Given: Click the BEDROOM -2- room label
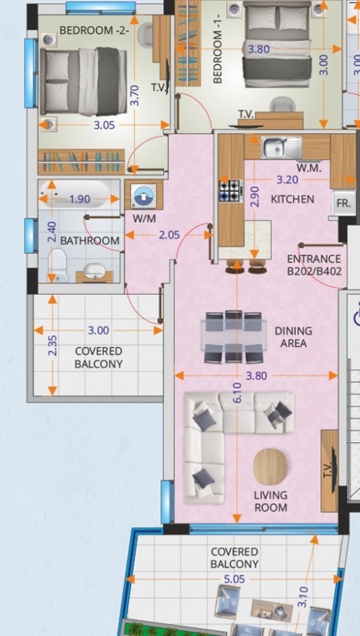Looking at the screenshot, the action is point(94,30).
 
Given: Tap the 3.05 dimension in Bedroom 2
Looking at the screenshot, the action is point(104,125).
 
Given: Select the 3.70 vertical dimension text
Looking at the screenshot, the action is point(135,95).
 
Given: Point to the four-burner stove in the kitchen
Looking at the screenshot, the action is point(230,191).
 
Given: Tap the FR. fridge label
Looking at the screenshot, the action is point(343,203).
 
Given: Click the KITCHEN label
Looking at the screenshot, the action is point(292,199).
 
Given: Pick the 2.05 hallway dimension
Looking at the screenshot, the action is point(169,235).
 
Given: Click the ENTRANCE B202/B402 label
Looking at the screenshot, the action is point(314,265).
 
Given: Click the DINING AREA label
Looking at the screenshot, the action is point(293,337).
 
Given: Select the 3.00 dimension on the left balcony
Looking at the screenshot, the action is point(98,330).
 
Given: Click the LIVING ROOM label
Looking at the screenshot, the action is point(271,501).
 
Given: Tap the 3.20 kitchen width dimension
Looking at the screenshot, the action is point(287,180).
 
